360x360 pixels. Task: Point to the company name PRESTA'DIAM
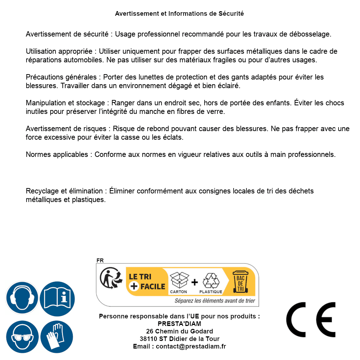[x=179, y=324]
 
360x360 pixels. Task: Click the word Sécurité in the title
[x=231, y=14]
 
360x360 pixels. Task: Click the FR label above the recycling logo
[x=100, y=261]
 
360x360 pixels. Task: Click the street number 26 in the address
[x=150, y=331]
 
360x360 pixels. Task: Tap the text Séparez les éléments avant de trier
[x=215, y=301]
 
